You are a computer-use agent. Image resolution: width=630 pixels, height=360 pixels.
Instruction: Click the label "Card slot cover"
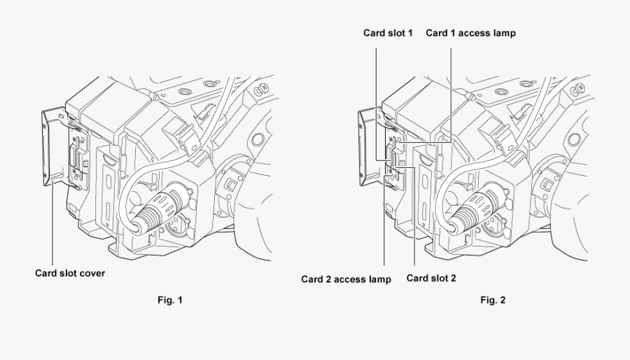coord(70,273)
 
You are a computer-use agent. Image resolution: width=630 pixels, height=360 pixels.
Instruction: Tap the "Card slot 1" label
coord(388,33)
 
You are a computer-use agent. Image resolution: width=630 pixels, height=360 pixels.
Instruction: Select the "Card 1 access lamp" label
coord(471,33)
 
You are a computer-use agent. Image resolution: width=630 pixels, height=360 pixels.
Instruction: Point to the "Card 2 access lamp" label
coord(346,279)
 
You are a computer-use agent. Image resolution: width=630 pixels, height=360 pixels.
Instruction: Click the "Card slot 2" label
coord(431,278)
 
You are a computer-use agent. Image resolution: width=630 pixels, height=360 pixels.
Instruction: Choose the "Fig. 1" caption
coord(170,300)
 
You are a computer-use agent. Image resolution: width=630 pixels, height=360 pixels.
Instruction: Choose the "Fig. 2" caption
coord(493,300)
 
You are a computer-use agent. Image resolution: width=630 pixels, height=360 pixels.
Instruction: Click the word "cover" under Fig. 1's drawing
coord(92,273)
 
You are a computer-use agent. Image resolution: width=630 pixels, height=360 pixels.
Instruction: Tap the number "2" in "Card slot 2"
coord(454,278)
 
